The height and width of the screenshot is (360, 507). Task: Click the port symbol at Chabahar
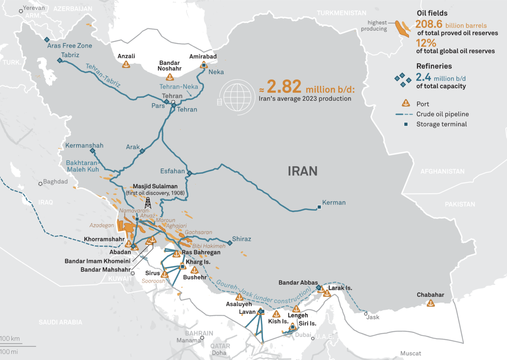(430, 303)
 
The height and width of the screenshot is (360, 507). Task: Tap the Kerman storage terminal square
(319, 207)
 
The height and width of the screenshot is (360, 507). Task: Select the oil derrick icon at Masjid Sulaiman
(148, 202)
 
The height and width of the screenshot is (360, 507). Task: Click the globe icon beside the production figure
(237, 97)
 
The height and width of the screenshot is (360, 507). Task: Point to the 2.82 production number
(284, 87)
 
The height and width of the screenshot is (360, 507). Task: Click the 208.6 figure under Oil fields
(428, 24)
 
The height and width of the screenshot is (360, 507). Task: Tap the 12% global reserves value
(426, 43)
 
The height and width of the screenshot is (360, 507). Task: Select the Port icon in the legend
(406, 103)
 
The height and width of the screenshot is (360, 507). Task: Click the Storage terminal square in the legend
(406, 125)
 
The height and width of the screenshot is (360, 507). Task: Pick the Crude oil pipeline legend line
(404, 114)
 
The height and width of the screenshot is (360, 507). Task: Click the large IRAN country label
(302, 171)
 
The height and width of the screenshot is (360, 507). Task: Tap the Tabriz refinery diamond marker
(60, 60)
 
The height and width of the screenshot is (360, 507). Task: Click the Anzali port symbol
(126, 64)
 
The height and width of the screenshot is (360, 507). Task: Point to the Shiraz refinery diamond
(230, 243)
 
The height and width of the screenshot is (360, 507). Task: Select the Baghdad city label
(55, 182)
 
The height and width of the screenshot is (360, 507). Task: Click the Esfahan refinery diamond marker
(189, 173)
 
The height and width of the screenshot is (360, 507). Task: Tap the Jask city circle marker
(366, 314)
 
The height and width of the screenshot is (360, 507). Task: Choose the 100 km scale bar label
(10, 339)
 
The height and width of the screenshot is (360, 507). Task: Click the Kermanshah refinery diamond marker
(92, 151)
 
